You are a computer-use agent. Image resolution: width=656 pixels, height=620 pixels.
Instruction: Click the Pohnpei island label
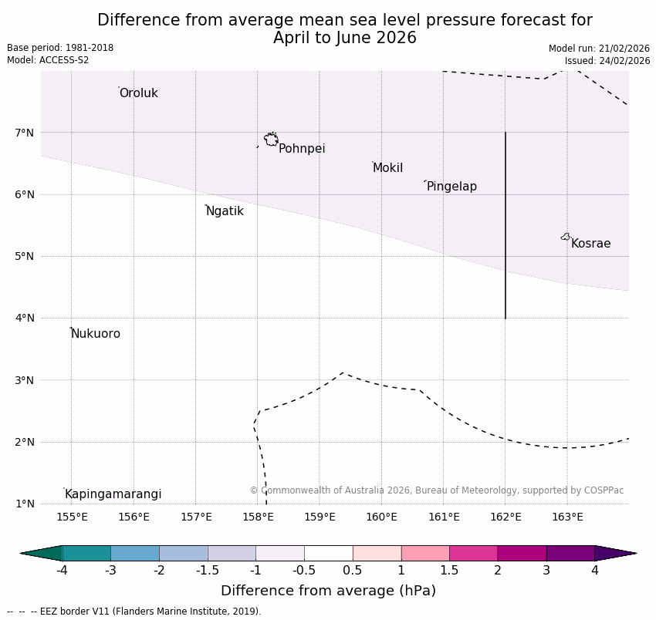tap(302, 149)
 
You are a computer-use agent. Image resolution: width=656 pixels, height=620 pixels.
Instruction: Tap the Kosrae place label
tap(590, 244)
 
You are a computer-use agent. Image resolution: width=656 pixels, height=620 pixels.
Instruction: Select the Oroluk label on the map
tap(138, 93)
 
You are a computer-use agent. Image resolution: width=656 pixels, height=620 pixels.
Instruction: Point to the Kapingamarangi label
tap(113, 494)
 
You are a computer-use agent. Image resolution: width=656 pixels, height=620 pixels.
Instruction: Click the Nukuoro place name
tap(96, 334)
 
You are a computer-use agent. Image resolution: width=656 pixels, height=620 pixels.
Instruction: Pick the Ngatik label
tap(225, 211)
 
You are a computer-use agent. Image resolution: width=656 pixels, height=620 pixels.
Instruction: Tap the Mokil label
tap(387, 168)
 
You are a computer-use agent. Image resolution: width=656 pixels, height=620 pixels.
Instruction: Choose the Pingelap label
tap(451, 187)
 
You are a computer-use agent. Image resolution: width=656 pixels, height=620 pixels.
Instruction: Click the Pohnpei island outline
tap(271, 140)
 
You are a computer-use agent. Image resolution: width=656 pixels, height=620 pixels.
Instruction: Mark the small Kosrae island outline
tap(566, 237)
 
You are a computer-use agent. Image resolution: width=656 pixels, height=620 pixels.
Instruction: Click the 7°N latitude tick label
tap(25, 133)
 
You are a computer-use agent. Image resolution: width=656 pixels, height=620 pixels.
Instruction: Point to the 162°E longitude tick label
tap(506, 517)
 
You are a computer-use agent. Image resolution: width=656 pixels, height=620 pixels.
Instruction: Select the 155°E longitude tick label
tap(72, 517)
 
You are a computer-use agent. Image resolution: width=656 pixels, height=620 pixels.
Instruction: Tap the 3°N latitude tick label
tap(25, 380)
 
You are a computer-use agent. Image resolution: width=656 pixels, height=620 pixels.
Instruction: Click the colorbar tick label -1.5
tap(208, 571)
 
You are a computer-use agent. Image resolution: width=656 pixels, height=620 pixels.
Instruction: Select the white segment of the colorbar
tap(328, 553)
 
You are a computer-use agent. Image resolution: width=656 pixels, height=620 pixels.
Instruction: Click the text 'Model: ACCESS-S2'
tap(48, 60)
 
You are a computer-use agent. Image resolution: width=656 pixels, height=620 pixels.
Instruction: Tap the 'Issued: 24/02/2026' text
tap(607, 60)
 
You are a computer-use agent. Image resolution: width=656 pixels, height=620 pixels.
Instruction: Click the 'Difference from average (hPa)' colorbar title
tap(328, 591)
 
